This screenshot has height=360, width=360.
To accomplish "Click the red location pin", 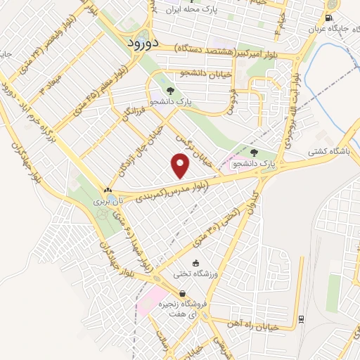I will [181, 167].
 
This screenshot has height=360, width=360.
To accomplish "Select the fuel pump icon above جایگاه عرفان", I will [329, 20].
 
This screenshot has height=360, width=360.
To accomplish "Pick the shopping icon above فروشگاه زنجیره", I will [182, 294].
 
